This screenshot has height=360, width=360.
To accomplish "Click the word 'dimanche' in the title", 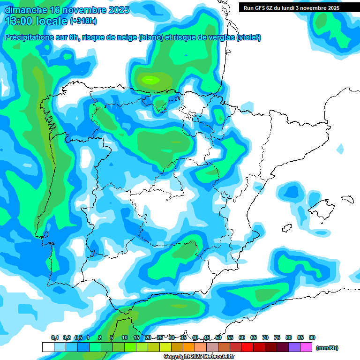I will pos(25,10).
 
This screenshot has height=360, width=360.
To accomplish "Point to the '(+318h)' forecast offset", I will pos(83,22).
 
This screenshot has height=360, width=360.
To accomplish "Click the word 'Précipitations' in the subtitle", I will pos(28,37).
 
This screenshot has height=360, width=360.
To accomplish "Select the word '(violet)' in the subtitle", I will pos(249,37).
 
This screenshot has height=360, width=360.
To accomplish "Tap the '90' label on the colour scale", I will pos(312,337).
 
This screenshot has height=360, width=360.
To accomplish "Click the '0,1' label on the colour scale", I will pos(55,337).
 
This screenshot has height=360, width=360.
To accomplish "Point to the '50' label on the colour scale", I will pos(218,337).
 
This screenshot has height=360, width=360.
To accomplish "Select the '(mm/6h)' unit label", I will pos(327,348).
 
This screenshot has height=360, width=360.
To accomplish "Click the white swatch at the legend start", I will pos(48,347).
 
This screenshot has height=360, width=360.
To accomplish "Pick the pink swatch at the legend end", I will pos(306,347).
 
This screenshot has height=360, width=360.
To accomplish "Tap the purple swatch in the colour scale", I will pos(294,347).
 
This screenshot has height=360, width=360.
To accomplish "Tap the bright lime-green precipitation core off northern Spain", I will pos(150,80).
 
